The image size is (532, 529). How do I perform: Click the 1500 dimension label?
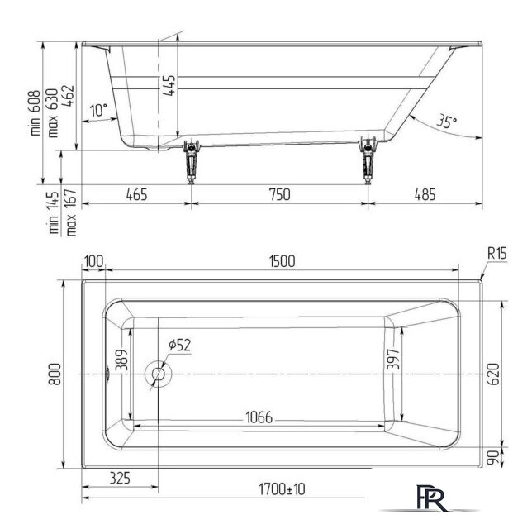[x=282, y=261]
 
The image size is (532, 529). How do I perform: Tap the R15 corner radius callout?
[x=497, y=253]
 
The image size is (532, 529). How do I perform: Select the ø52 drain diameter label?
[x=179, y=345]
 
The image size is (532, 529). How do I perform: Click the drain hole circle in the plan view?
[x=158, y=374]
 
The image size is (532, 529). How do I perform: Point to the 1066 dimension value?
[x=259, y=417]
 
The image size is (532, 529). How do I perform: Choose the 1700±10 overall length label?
[x=282, y=489]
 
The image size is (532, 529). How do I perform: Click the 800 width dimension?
[x=55, y=374]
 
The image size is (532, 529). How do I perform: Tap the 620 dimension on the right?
[x=494, y=374]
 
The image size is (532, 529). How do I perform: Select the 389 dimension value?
[x=121, y=360]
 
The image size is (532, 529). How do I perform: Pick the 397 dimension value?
[x=393, y=359]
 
